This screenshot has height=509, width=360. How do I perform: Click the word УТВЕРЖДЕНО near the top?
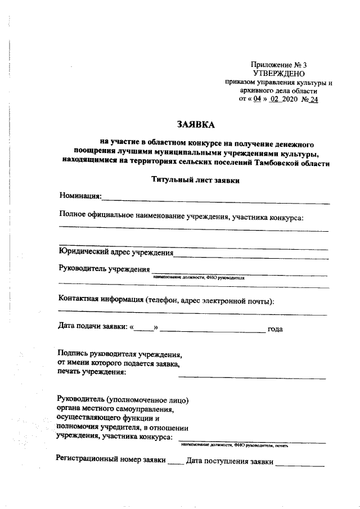(278, 74)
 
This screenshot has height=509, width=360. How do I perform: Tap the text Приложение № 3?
(279, 65)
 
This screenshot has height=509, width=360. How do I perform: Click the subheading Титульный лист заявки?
(196, 181)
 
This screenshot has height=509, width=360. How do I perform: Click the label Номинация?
(80, 196)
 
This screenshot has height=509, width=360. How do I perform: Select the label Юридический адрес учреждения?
(116, 252)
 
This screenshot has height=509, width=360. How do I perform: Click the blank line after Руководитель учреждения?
(240, 273)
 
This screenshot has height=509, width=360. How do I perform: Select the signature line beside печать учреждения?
(252, 377)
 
